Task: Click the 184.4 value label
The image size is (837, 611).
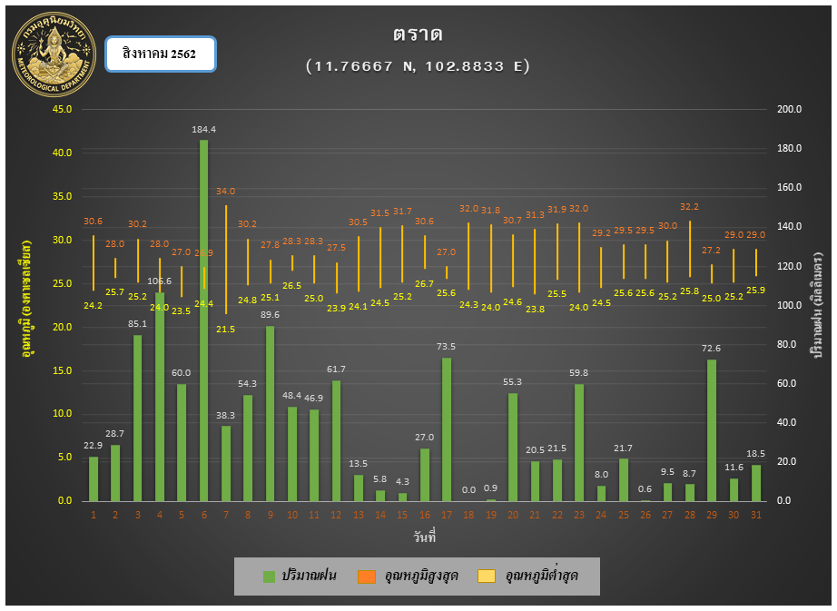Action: click(x=203, y=130)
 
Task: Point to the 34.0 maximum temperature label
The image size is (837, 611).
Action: click(x=226, y=192)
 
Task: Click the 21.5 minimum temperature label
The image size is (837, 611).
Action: click(x=226, y=329)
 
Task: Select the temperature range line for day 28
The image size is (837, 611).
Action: click(x=690, y=249)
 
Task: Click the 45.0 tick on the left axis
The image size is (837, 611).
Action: click(x=64, y=110)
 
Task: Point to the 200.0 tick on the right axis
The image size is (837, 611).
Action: click(x=790, y=110)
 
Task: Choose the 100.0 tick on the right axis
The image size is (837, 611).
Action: click(x=790, y=305)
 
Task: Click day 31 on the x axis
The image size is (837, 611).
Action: click(x=756, y=515)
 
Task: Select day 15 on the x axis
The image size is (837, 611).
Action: click(x=402, y=515)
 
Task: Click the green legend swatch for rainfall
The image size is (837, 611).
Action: click(x=269, y=576)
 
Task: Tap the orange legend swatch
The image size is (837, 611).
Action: click(x=367, y=576)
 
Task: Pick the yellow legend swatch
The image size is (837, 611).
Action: click(x=487, y=576)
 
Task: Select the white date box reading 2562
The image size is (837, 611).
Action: click(x=160, y=54)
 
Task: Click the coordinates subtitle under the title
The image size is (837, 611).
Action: click(x=418, y=65)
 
